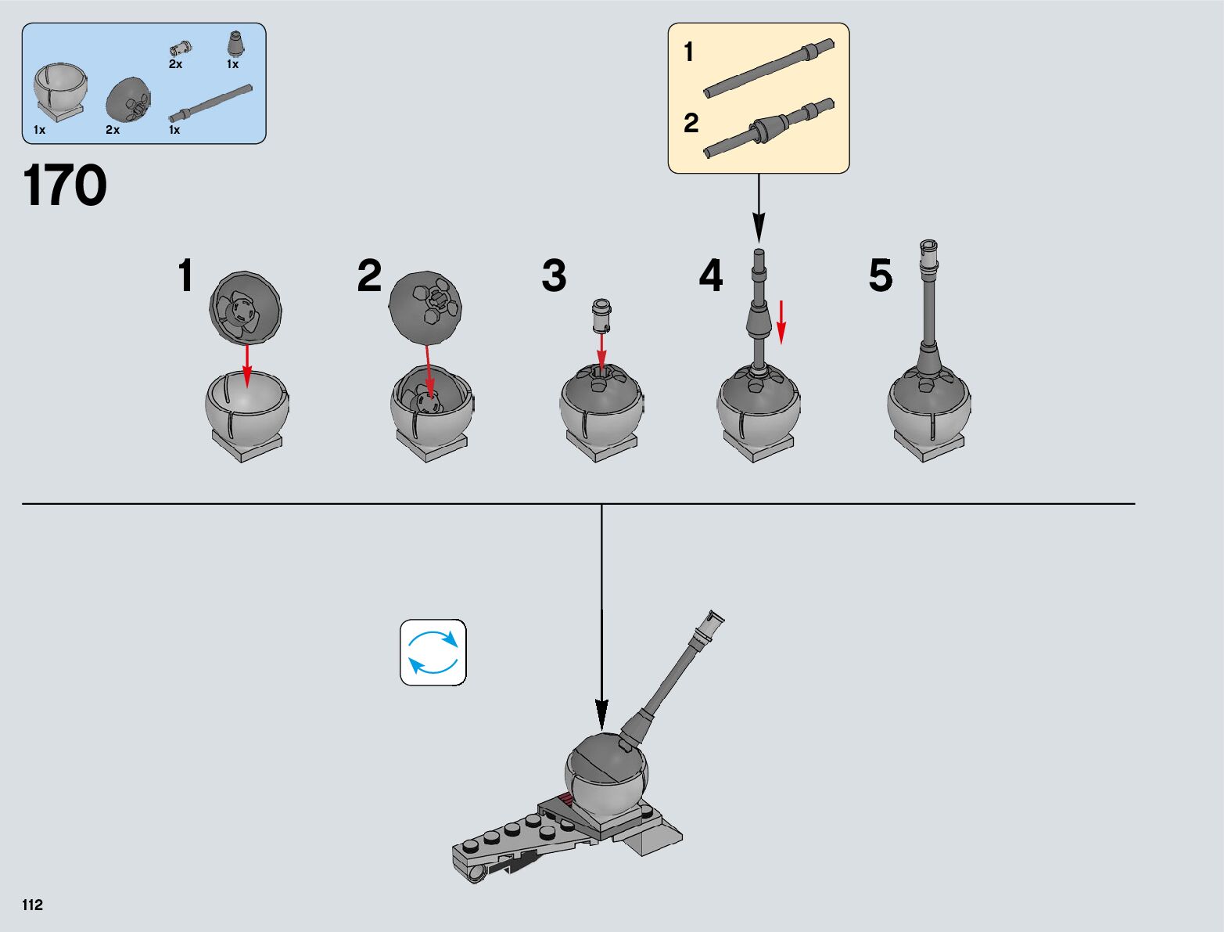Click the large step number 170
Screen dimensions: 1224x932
(x=65, y=186)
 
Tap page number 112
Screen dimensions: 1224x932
(x=33, y=905)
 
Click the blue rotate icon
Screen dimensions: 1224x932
(x=433, y=653)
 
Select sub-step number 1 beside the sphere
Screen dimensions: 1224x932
(x=185, y=275)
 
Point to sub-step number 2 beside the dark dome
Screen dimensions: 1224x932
(x=369, y=275)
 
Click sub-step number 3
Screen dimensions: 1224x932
(x=554, y=275)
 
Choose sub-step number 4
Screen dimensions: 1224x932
(x=711, y=275)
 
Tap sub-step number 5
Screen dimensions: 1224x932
(x=880, y=275)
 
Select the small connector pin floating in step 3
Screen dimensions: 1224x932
(x=601, y=314)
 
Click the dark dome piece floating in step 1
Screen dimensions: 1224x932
(x=246, y=308)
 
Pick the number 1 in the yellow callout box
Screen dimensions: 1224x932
(x=688, y=52)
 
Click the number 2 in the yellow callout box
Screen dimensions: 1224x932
(x=691, y=123)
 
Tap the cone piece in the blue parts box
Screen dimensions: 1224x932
(x=235, y=43)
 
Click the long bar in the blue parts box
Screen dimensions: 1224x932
(x=210, y=103)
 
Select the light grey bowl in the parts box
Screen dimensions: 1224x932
(x=59, y=90)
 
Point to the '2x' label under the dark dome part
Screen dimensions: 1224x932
(x=113, y=130)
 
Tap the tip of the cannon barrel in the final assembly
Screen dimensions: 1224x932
(x=715, y=619)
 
